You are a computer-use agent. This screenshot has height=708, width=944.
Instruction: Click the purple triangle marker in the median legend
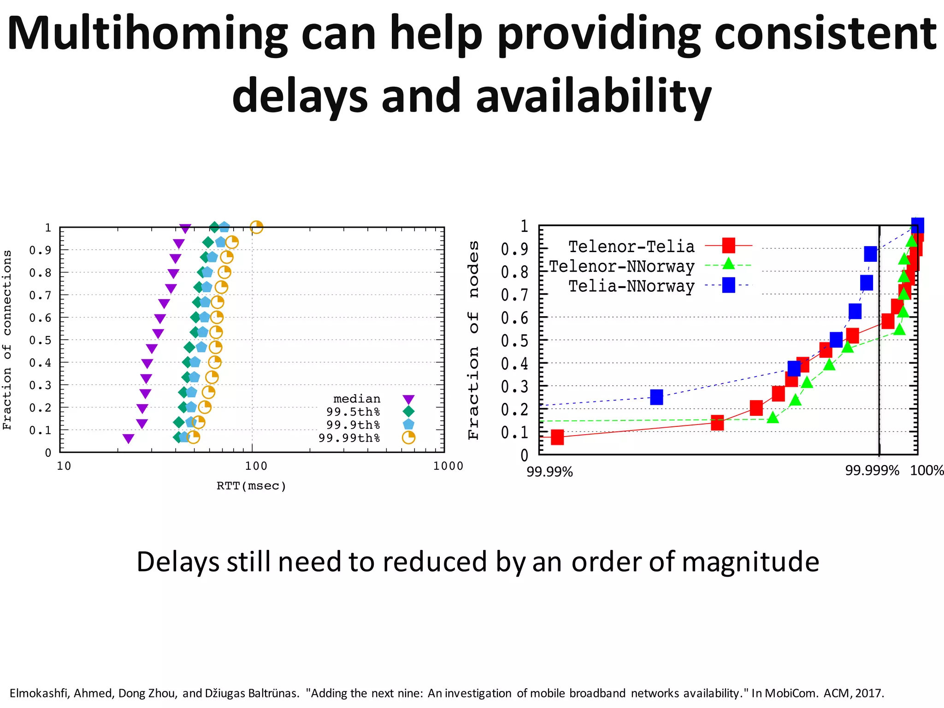(408, 399)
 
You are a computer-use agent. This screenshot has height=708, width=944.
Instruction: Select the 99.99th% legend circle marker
(408, 437)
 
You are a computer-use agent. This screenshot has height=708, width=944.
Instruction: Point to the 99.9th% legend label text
(353, 425)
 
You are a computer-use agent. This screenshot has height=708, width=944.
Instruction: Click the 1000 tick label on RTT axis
(448, 466)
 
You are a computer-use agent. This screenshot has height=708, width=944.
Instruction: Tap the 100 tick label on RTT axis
(256, 466)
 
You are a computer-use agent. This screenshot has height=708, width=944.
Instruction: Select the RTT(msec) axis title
(252, 486)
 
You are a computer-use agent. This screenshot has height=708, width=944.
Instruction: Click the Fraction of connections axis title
(7, 340)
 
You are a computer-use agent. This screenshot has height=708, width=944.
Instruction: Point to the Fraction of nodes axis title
(474, 340)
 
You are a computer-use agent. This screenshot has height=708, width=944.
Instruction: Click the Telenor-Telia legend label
(631, 247)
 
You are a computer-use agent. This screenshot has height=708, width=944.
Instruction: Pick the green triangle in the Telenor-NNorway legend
(728, 264)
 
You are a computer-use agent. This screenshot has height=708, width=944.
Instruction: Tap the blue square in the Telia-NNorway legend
(728, 285)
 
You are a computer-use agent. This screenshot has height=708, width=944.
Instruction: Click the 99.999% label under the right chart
(872, 471)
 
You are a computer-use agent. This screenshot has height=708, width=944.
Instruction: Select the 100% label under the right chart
(927, 471)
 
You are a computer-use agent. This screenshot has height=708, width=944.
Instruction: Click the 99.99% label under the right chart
(549, 472)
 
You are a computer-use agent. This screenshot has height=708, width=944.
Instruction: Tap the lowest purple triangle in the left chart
(129, 438)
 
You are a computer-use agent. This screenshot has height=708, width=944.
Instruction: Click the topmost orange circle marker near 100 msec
(256, 227)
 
